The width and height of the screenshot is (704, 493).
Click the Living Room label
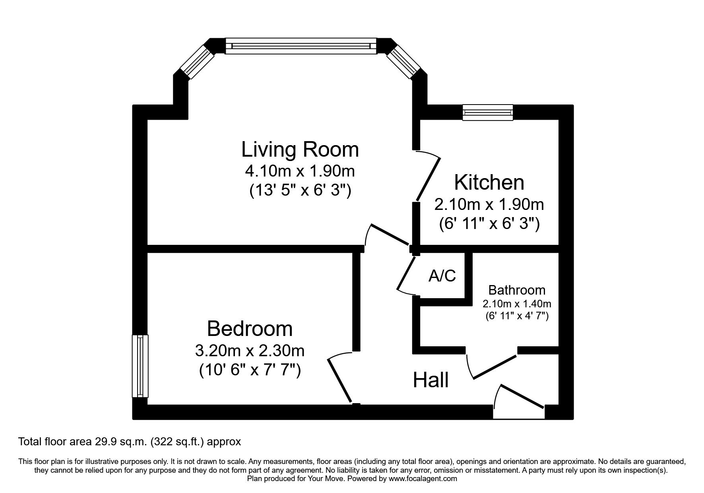point(300,150)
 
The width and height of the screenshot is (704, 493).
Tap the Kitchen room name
point(489,182)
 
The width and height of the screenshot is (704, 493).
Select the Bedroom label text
point(250,329)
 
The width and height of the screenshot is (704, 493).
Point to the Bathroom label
point(517,290)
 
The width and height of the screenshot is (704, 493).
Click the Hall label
point(431,380)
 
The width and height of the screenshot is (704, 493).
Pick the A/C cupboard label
point(442,276)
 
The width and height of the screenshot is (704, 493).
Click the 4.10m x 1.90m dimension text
point(300,171)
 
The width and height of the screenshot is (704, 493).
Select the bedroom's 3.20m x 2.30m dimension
point(250,351)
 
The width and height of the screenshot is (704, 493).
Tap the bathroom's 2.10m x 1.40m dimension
point(517,304)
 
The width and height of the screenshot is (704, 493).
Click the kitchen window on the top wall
point(488,113)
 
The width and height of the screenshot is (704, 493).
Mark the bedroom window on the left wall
point(140,366)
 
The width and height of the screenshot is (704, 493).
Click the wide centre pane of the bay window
point(301,46)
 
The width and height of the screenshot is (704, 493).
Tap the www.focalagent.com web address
point(423,479)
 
